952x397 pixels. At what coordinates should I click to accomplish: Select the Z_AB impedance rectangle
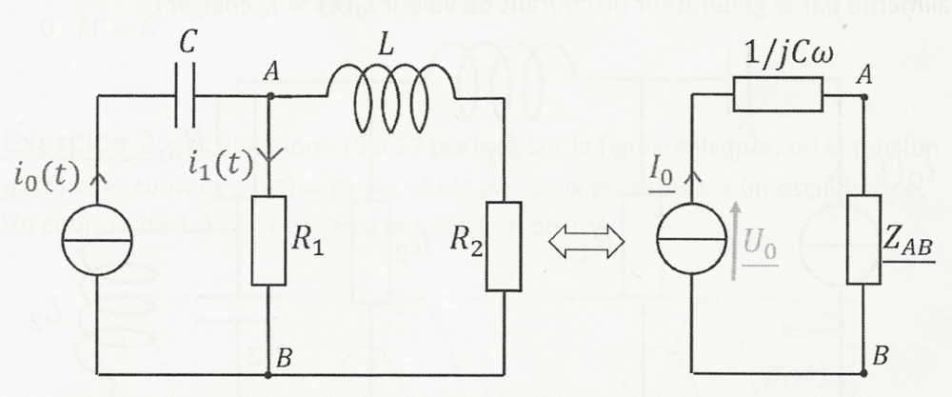coord(862,242)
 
